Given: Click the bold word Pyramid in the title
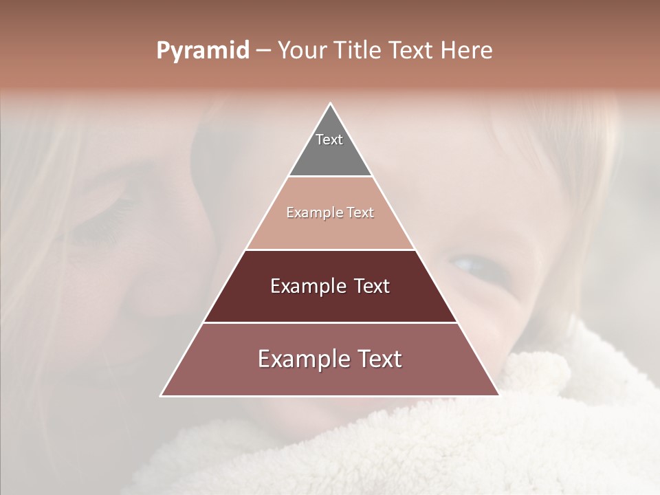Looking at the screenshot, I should point(202,51).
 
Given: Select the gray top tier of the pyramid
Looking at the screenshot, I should point(330,155).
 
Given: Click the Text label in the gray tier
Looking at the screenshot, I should point(329,140).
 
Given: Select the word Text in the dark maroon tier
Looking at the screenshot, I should point(372,286).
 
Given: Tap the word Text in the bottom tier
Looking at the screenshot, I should point(379,359).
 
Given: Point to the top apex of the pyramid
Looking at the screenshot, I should point(330,104).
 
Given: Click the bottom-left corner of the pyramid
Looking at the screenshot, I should point(162,395).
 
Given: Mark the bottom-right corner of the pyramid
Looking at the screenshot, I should point(498,395).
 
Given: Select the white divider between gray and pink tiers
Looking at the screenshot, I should point(330,177).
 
